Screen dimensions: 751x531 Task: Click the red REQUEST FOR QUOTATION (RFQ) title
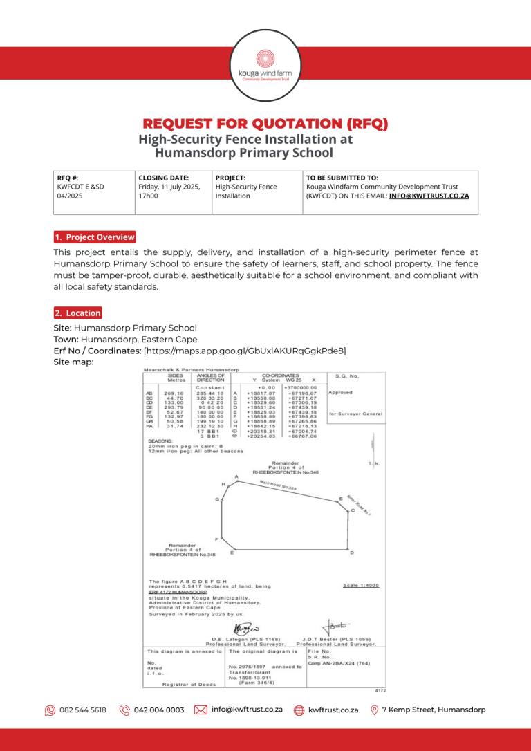(x=265, y=124)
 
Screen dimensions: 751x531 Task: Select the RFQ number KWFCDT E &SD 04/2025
(x=80, y=191)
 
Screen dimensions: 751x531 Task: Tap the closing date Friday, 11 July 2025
(x=169, y=187)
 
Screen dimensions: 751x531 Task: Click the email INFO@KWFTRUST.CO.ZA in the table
(x=429, y=196)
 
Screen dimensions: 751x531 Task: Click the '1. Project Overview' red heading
(x=95, y=237)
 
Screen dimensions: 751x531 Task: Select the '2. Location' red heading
(x=77, y=313)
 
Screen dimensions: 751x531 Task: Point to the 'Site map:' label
(x=74, y=362)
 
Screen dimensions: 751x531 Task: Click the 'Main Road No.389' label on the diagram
(x=277, y=485)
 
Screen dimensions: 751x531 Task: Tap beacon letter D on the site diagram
(x=352, y=553)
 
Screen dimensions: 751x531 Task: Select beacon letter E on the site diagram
(x=232, y=553)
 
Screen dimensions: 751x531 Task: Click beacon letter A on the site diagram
(x=237, y=476)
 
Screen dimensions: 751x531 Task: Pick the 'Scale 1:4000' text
(x=361, y=585)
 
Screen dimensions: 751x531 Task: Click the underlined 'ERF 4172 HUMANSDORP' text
(x=178, y=593)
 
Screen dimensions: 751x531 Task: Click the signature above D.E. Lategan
(x=245, y=629)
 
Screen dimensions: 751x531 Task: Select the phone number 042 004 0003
(x=159, y=710)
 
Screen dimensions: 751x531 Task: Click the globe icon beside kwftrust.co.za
(x=299, y=710)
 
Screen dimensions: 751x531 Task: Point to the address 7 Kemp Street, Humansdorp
(x=434, y=710)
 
